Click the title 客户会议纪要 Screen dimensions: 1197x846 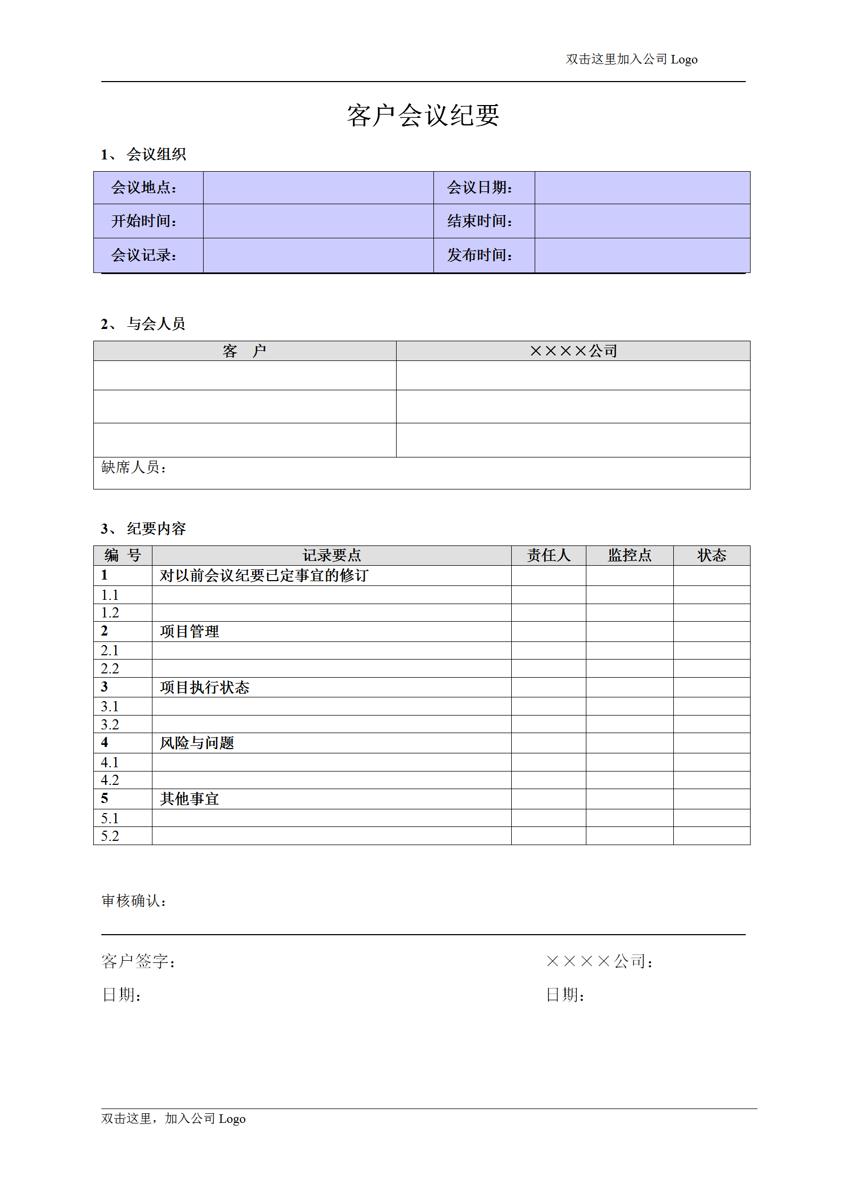tap(423, 115)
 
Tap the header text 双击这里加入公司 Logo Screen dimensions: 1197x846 tap(631, 59)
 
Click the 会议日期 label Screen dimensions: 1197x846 tap(480, 188)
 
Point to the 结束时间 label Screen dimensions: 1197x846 tap(480, 221)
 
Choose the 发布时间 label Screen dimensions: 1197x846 tap(480, 255)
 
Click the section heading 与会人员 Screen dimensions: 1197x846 tap(156, 324)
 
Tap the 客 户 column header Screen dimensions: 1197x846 tap(244, 351)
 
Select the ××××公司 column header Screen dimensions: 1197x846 tap(573, 351)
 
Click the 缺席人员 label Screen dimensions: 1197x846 tap(134, 468)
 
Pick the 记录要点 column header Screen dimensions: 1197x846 tap(332, 555)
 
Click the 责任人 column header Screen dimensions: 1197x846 tap(549, 555)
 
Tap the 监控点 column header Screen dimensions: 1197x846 tap(630, 555)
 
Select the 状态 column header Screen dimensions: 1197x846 tap(712, 555)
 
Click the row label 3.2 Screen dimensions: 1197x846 tap(110, 724)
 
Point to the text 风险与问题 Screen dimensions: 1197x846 tap(197, 743)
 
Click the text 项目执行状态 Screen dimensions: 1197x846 tap(204, 687)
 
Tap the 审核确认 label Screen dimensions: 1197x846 tap(134, 901)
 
